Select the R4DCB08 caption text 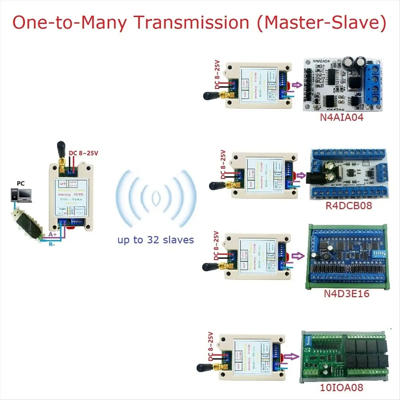point(348,205)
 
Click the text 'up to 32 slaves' point(155,240)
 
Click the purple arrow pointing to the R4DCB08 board point(301,175)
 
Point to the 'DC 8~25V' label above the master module point(83,153)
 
